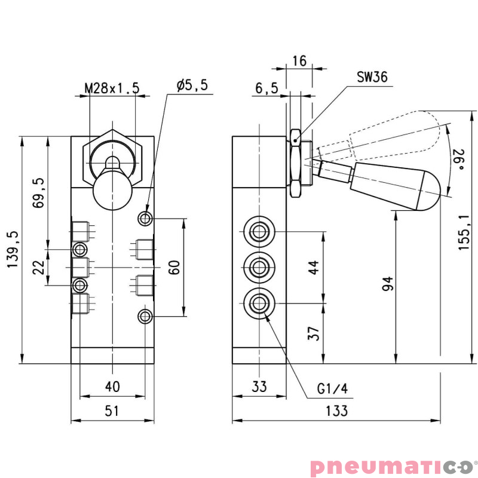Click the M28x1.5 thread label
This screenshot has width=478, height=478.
(112, 88)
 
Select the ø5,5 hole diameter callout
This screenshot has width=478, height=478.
(192, 85)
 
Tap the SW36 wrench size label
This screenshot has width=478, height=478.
(372, 76)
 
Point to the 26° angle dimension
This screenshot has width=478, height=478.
(459, 159)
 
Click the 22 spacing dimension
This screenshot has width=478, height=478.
(39, 266)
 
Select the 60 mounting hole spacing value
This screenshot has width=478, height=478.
(174, 267)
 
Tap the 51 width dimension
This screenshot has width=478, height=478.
(112, 410)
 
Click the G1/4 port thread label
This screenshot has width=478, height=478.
(332, 389)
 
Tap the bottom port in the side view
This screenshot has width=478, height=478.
(259, 302)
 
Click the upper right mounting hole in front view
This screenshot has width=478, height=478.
(145, 219)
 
